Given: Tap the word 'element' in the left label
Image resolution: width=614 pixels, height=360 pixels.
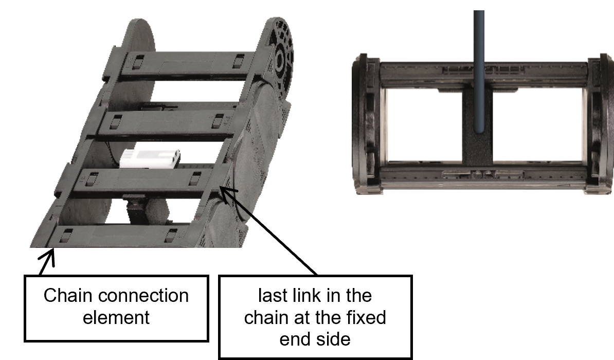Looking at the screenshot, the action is coord(116,317).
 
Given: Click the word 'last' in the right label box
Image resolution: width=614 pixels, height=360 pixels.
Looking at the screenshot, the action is coord(273,296).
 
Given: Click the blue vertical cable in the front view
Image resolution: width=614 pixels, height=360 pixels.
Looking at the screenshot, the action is coord(479,73).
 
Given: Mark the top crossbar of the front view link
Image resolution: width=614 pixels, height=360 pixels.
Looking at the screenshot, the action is coord(483,70).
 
